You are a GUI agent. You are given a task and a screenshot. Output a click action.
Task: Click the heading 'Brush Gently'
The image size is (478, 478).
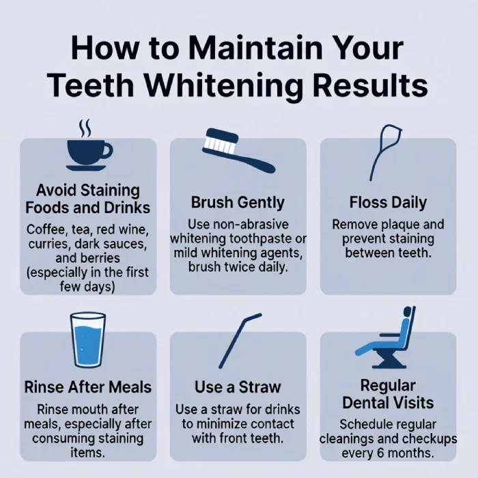238,203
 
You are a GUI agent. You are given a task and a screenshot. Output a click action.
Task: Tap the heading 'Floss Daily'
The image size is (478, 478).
388,203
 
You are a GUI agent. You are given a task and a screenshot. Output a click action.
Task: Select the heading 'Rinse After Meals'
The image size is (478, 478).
88,386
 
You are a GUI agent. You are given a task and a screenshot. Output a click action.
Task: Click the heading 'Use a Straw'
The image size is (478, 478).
238,386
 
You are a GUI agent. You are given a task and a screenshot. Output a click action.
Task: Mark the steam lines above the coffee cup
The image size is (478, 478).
84,127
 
